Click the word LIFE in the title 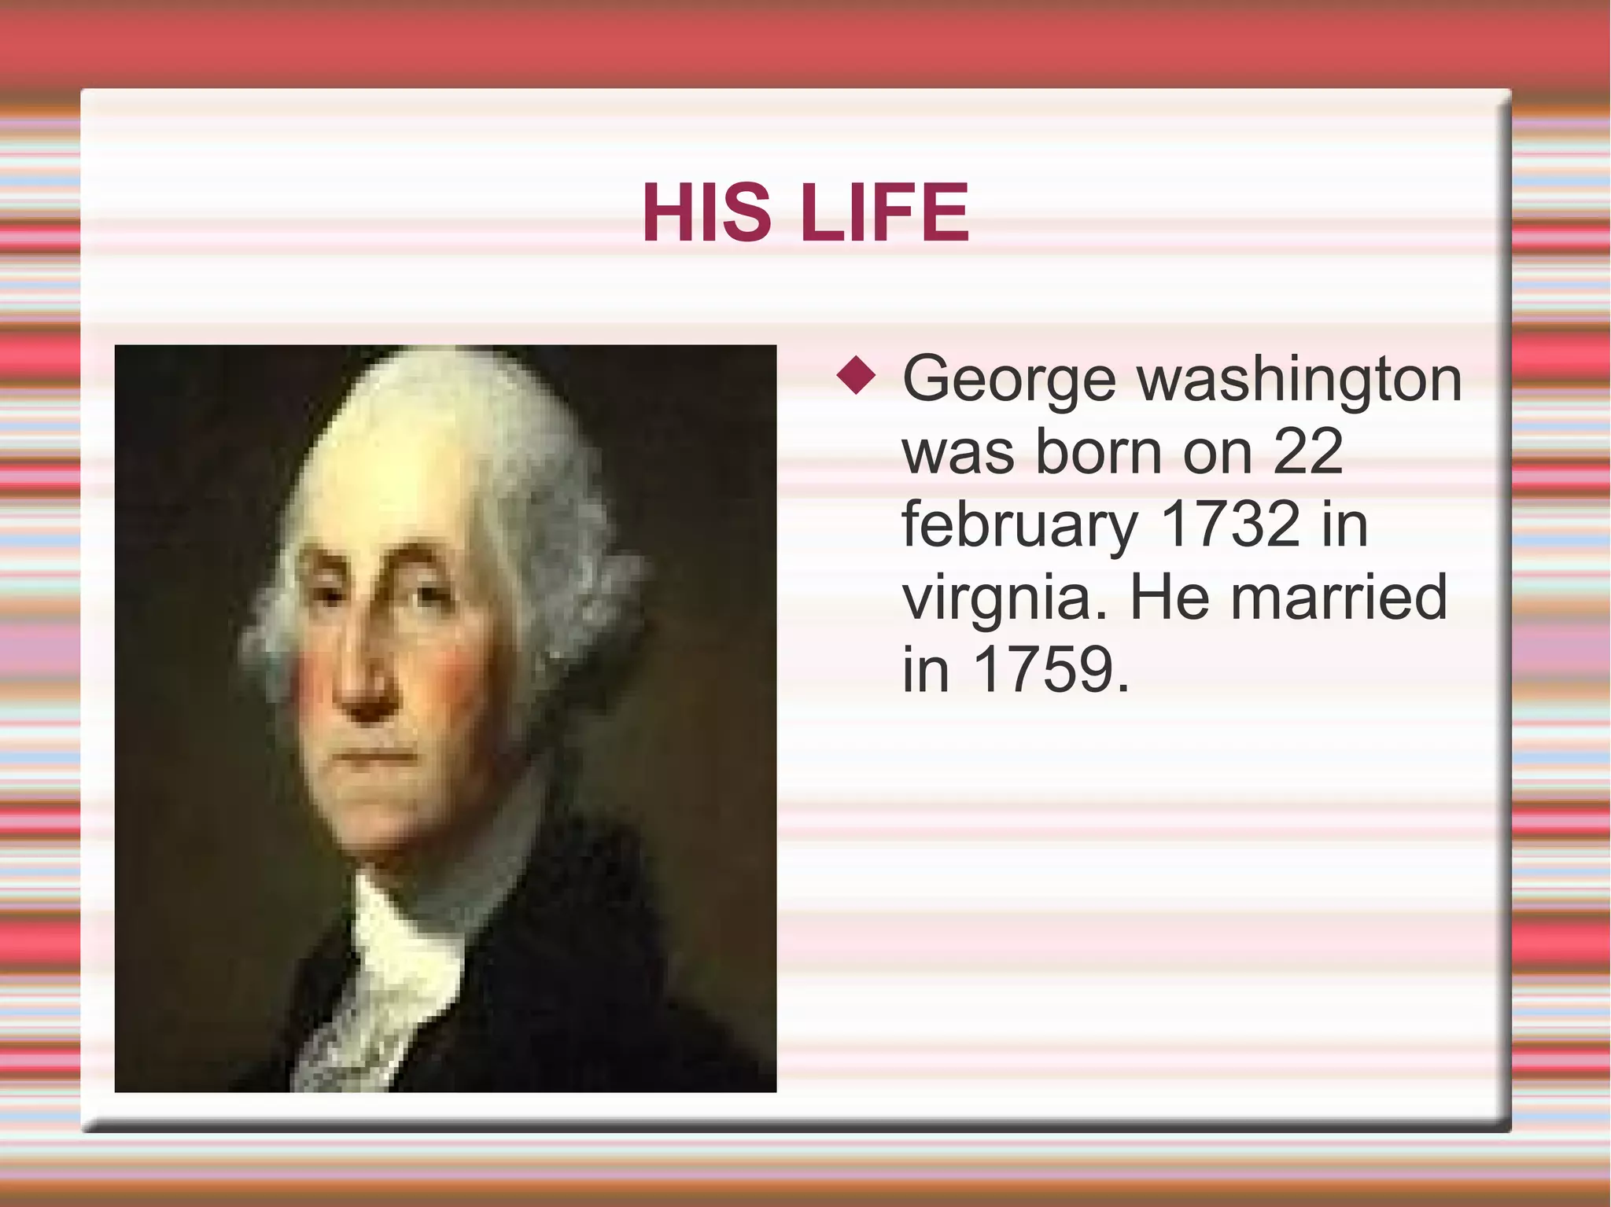click(x=884, y=212)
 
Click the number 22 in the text click(x=1307, y=452)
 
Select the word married click(x=1338, y=597)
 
